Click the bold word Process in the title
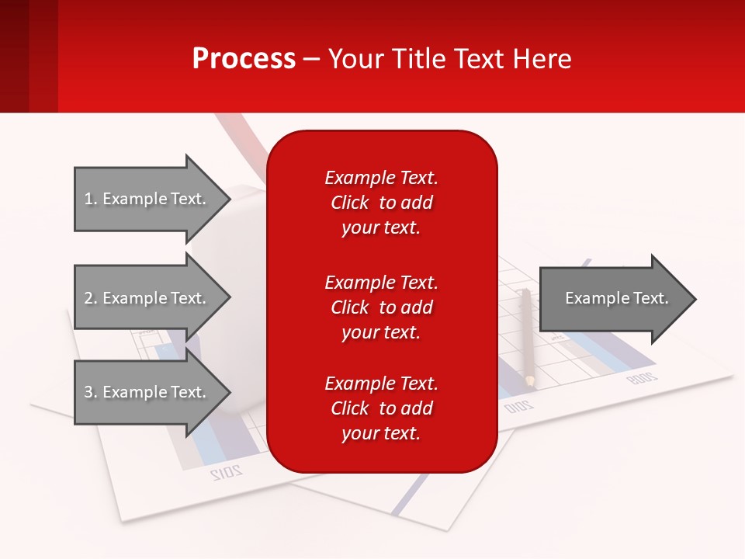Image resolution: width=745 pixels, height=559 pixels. pyautogui.click(x=244, y=59)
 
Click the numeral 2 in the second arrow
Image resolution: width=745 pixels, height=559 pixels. pyautogui.click(x=88, y=298)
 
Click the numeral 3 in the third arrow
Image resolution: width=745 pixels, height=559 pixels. pyautogui.click(x=88, y=392)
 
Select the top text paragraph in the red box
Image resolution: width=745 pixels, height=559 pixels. pyautogui.click(x=381, y=203)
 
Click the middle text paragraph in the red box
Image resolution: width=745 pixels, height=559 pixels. pyautogui.click(x=381, y=307)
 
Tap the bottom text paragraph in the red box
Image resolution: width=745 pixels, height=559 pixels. pyautogui.click(x=381, y=408)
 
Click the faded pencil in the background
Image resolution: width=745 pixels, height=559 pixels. pyautogui.click(x=528, y=338)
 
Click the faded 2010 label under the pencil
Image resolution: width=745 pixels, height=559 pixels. pyautogui.click(x=518, y=406)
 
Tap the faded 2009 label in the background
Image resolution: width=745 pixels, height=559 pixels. pyautogui.click(x=642, y=379)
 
